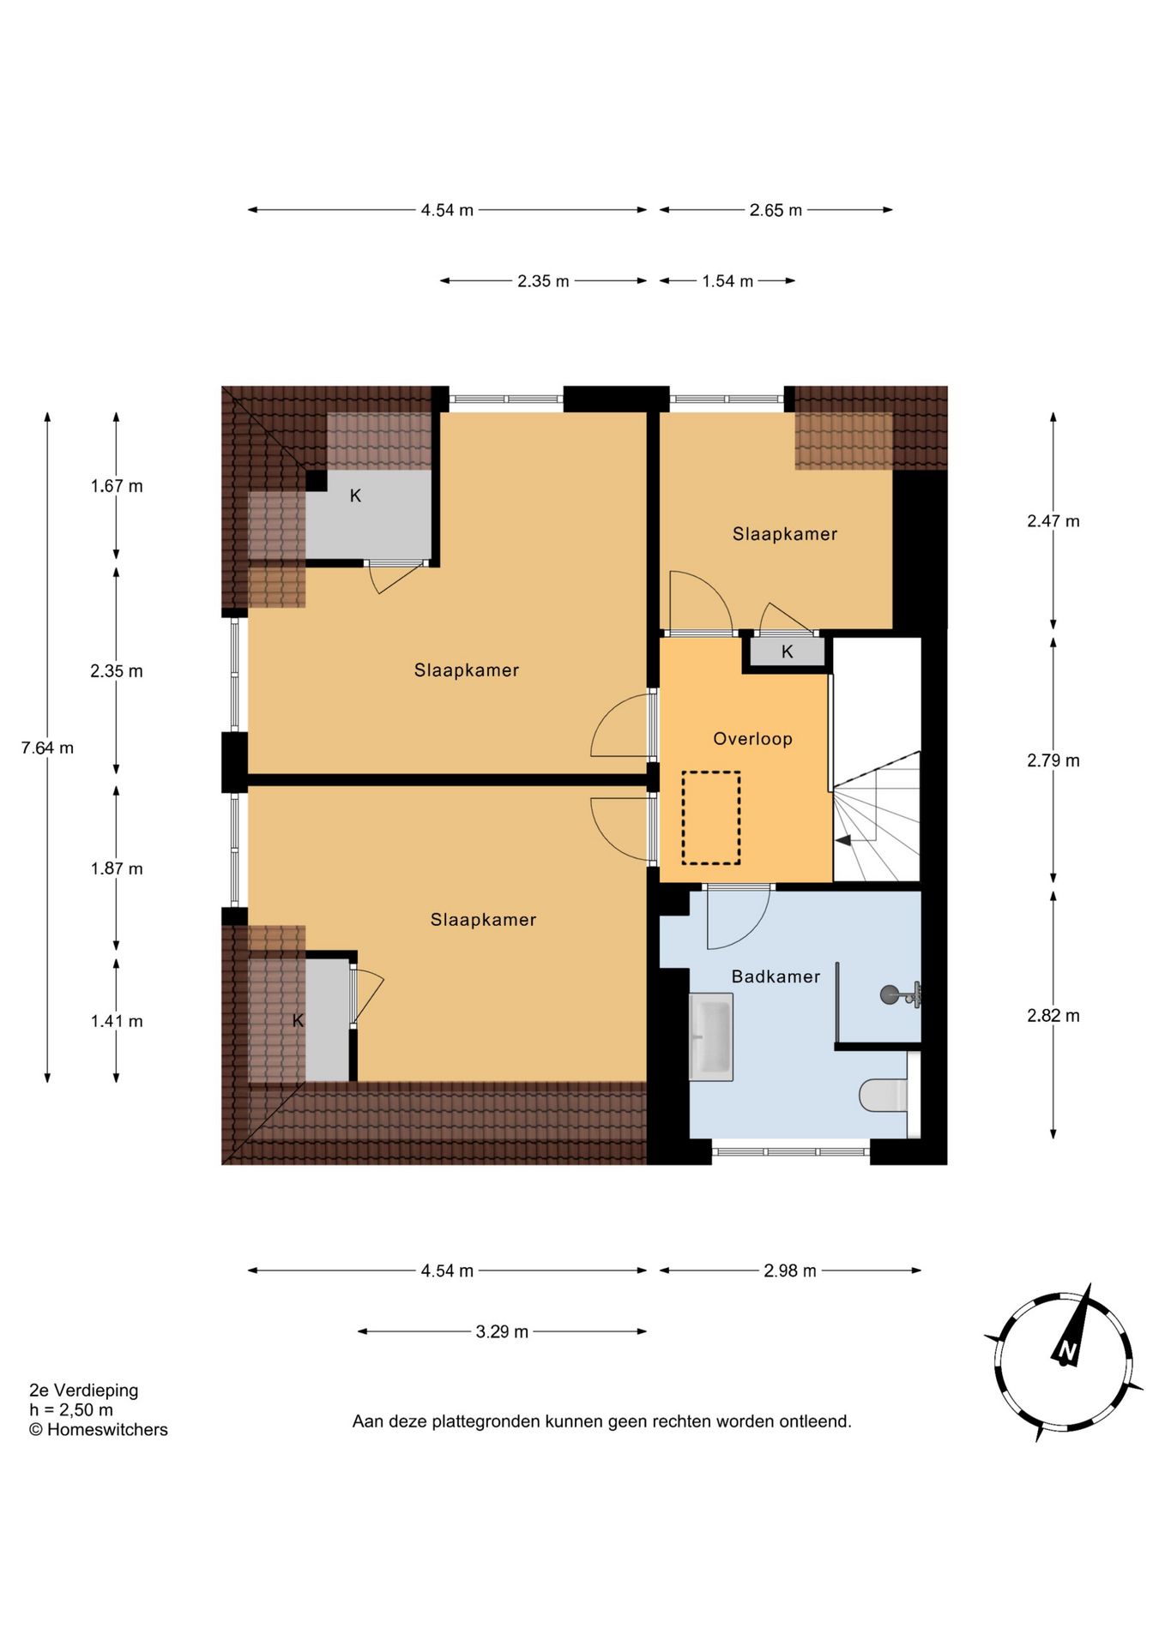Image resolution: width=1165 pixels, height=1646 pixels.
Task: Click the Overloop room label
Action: (x=752, y=739)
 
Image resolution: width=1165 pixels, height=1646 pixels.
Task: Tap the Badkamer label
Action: (x=776, y=976)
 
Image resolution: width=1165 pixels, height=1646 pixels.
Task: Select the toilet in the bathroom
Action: (x=884, y=1095)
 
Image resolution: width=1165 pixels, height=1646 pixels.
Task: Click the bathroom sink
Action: (x=711, y=1036)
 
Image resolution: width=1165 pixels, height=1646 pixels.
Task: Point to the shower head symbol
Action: (x=900, y=994)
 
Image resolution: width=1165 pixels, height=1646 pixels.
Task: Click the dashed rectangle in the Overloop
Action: (x=711, y=817)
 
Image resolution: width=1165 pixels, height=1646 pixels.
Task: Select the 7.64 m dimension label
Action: (x=48, y=748)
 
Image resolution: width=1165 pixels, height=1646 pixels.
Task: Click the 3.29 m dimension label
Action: (x=502, y=1331)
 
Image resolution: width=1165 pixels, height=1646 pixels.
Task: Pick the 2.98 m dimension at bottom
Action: (x=790, y=1271)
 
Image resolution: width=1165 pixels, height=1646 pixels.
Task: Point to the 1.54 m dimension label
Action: (x=727, y=281)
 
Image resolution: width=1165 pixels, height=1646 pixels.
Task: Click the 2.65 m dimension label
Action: (x=776, y=210)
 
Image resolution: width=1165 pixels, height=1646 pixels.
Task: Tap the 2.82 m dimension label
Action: (x=1053, y=1016)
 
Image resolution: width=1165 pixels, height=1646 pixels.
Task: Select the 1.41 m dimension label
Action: (x=117, y=1021)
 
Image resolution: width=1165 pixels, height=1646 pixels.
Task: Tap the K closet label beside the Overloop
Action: (x=788, y=652)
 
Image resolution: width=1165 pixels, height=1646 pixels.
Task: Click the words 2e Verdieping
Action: (x=83, y=1391)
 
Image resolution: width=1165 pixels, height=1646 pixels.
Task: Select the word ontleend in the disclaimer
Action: (x=815, y=1421)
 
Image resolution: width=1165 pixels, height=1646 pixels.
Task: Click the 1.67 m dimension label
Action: (x=117, y=486)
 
